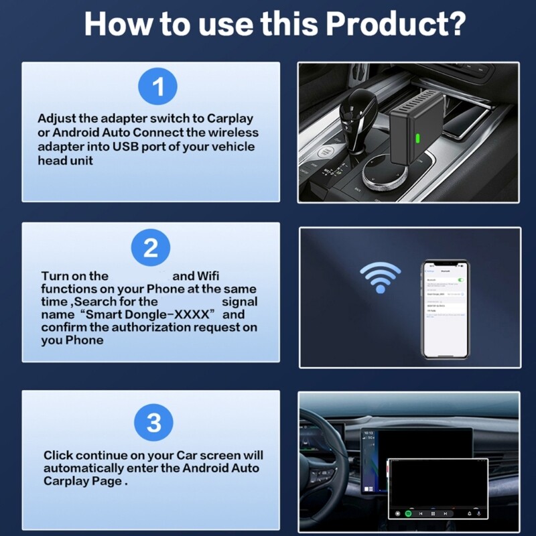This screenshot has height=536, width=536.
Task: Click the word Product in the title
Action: click(395, 24)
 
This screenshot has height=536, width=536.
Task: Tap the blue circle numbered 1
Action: click(157, 87)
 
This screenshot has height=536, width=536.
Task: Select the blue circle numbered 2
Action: click(151, 247)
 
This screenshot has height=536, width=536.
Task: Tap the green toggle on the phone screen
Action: click(460, 279)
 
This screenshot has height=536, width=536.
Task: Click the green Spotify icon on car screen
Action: click(408, 514)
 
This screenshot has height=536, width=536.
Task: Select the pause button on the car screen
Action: click(433, 514)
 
